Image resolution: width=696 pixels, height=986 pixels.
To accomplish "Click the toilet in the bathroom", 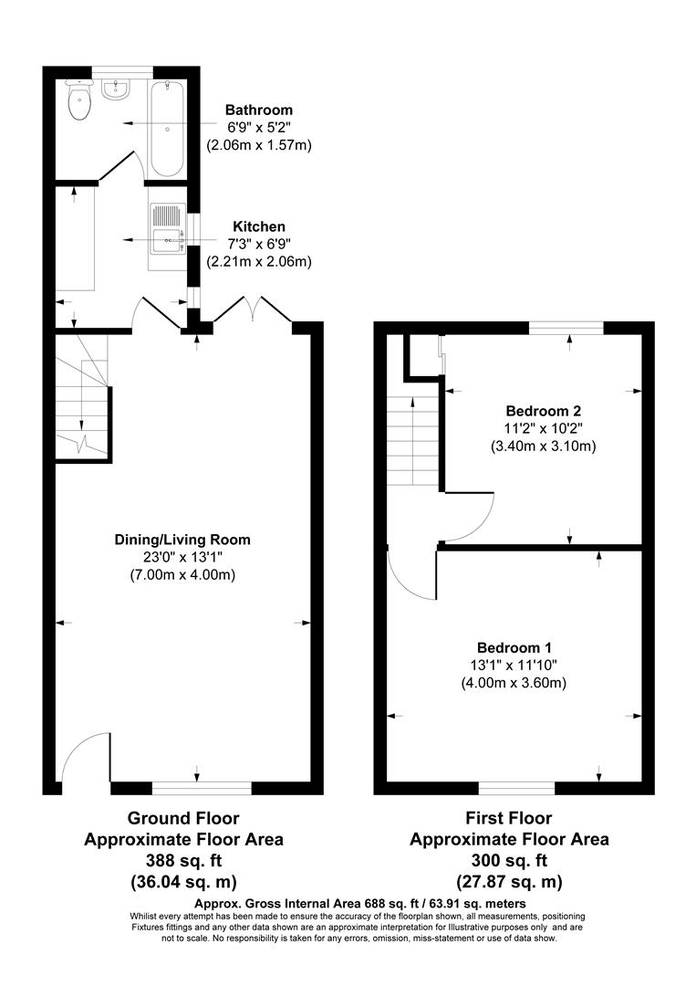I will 80,102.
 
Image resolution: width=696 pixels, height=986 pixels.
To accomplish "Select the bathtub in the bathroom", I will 167,128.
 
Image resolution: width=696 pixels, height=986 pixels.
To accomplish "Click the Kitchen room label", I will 259,226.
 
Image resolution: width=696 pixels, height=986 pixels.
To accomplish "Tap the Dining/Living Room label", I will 182,539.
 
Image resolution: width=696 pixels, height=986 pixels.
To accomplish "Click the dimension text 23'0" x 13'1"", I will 182,557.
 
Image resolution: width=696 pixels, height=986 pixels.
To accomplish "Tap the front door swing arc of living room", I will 84,758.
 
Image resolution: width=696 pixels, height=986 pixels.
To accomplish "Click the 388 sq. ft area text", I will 183,860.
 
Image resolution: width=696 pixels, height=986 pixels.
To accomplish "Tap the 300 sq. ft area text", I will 509,860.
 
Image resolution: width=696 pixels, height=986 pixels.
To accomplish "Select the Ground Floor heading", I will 183,818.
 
